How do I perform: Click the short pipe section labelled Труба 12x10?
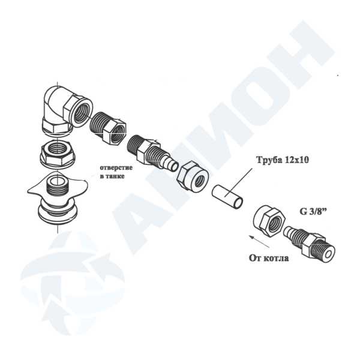(x=227, y=197)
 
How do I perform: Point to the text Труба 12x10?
(x=282, y=160)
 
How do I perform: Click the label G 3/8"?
(x=313, y=211)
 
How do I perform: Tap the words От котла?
(x=269, y=258)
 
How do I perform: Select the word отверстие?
(x=116, y=167)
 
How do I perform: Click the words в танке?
(x=112, y=176)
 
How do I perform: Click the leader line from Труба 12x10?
(x=239, y=182)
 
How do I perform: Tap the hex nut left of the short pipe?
(x=193, y=176)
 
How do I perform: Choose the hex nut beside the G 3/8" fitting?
(x=269, y=220)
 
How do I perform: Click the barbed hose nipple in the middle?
(x=152, y=152)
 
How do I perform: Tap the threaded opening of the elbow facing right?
(x=82, y=113)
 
